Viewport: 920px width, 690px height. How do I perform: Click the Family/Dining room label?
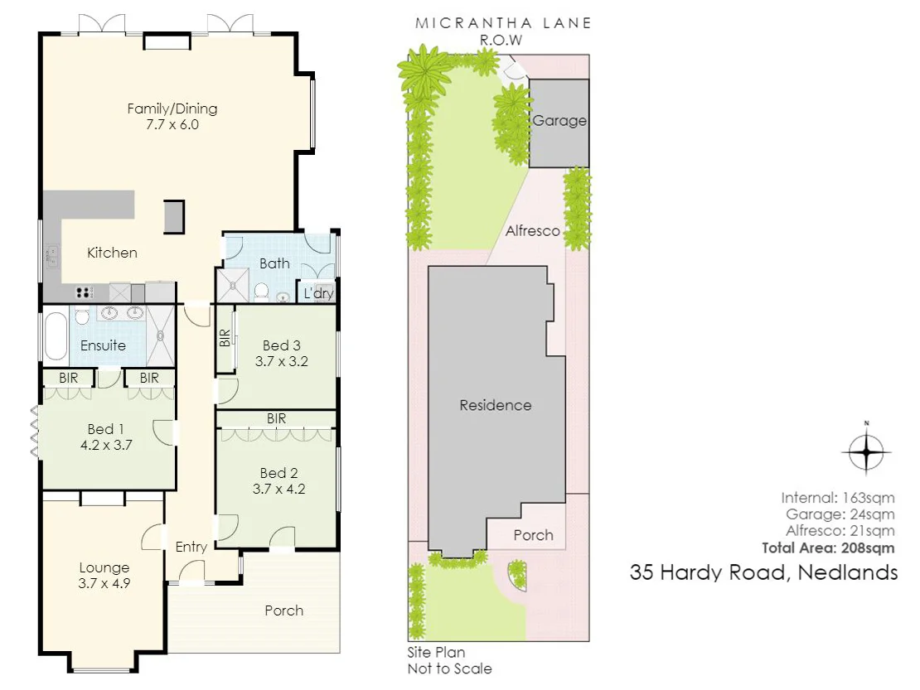tap(172, 109)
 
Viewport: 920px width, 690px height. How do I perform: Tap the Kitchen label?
tap(112, 253)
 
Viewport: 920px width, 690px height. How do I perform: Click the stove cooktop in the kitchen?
tap(84, 292)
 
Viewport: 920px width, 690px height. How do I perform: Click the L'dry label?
tap(317, 293)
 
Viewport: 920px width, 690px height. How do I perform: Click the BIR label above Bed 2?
tap(276, 419)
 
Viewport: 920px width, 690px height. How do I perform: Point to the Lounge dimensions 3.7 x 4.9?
tap(104, 582)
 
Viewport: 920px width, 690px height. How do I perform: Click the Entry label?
tap(191, 547)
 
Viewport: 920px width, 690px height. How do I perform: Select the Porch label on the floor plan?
tap(283, 610)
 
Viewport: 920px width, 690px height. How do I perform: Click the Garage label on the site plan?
tap(559, 121)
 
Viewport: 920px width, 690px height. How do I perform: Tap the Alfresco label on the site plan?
tap(533, 231)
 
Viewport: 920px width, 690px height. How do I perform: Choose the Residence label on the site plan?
tap(495, 405)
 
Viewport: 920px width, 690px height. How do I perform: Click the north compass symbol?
tap(866, 451)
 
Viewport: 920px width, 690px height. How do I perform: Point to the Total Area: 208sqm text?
tap(829, 548)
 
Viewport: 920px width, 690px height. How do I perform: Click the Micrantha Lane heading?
tap(503, 22)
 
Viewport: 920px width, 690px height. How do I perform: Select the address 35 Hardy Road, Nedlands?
tap(763, 572)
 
